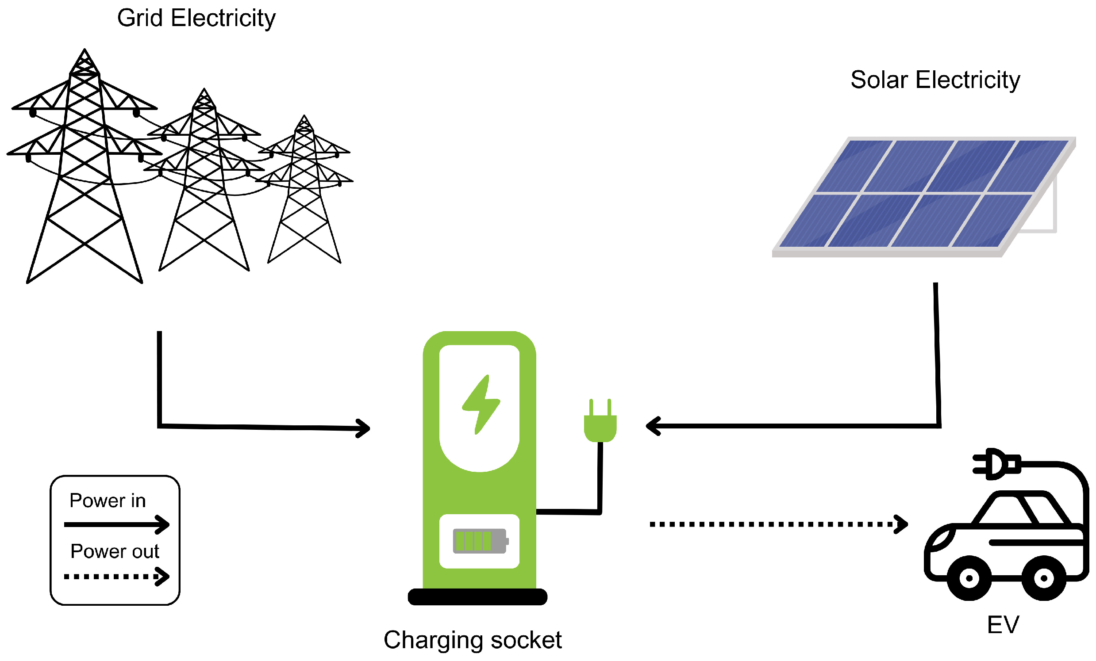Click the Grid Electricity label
click(196, 18)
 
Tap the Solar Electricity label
click(935, 80)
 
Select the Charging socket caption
click(473, 640)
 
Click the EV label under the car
click(1003, 625)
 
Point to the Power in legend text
click(108, 501)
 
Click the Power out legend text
click(115, 552)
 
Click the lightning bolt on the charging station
click(481, 405)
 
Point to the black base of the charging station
click(477, 596)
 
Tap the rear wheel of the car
click(1043, 578)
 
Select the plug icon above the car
click(996, 464)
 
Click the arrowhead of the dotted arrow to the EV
click(902, 524)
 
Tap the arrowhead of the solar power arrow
click(652, 426)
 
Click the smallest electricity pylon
click(304, 191)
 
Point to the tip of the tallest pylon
click(85, 50)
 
